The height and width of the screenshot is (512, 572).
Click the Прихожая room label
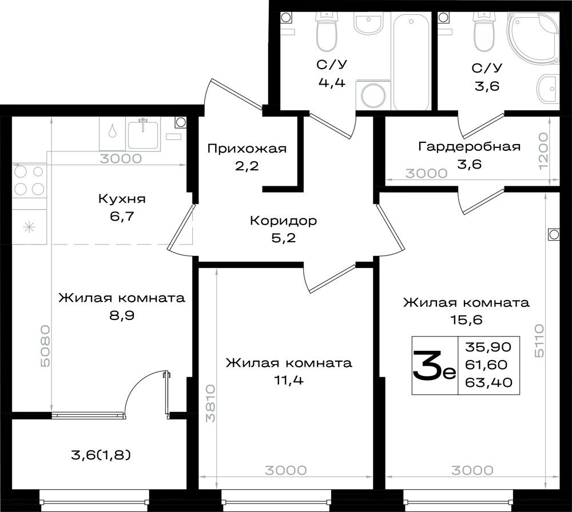click(x=247, y=149)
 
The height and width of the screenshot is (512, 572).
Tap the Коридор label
click(x=284, y=221)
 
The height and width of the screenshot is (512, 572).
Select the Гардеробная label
click(x=470, y=146)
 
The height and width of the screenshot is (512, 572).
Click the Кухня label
click(x=122, y=199)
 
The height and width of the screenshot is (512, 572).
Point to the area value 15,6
click(x=467, y=320)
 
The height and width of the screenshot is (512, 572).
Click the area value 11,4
click(x=288, y=381)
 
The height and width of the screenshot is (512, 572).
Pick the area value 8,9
click(x=122, y=315)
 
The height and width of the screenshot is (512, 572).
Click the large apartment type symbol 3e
click(x=434, y=366)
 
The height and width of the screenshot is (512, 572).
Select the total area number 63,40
click(x=489, y=382)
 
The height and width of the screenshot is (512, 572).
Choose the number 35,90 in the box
click(x=488, y=347)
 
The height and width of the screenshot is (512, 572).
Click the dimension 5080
click(x=46, y=346)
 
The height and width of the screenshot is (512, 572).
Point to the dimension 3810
click(x=210, y=404)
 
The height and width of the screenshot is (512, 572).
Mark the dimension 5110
click(x=539, y=341)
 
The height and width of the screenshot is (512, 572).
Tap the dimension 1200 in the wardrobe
click(x=543, y=151)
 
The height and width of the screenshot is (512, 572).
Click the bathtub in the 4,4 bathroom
click(x=411, y=61)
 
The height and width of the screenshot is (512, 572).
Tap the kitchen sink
click(x=143, y=134)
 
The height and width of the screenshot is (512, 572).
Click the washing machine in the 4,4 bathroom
click(x=373, y=95)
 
